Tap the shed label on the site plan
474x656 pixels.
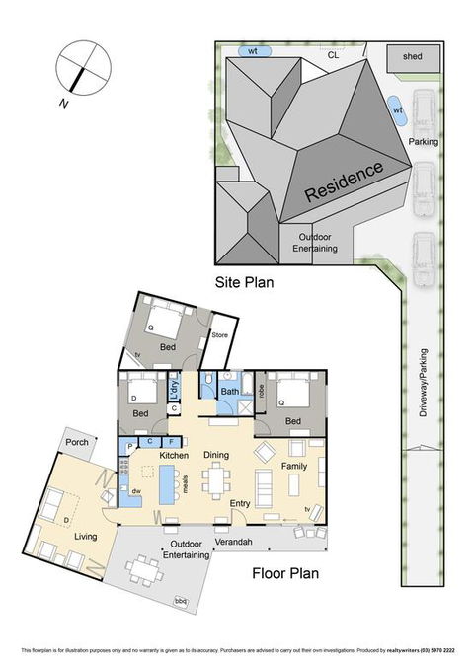point(412,57)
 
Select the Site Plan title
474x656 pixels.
point(244,282)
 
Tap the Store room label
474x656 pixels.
point(220,337)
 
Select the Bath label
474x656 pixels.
point(229,392)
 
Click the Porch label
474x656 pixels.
point(78,443)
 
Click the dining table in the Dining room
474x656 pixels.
point(216,481)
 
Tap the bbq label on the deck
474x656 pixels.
point(179,601)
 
